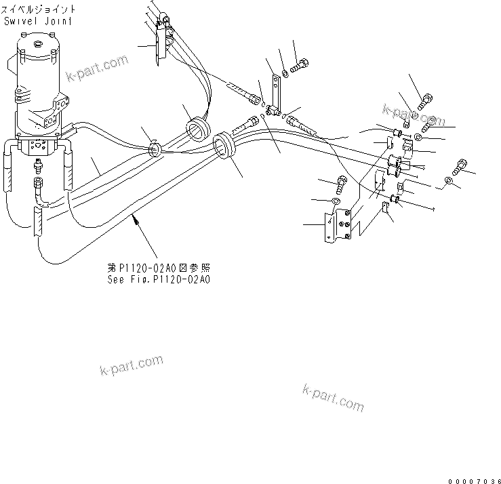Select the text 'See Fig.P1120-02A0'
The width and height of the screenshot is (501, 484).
click(158, 279)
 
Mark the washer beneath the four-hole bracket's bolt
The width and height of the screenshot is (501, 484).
click(337, 201)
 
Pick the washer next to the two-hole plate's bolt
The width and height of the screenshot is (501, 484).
click(285, 73)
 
